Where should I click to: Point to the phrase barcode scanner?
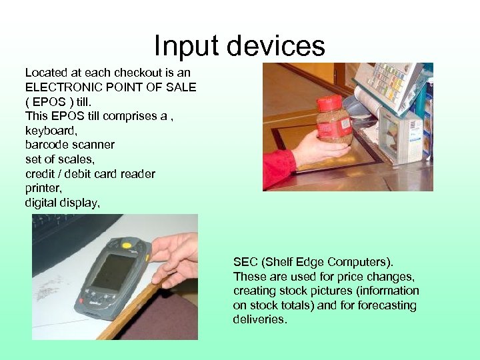(x=69, y=145)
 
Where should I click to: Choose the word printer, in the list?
(x=43, y=189)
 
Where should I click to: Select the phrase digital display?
(x=63, y=203)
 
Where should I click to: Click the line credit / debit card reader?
(x=90, y=174)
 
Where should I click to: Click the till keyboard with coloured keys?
(x=390, y=83)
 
